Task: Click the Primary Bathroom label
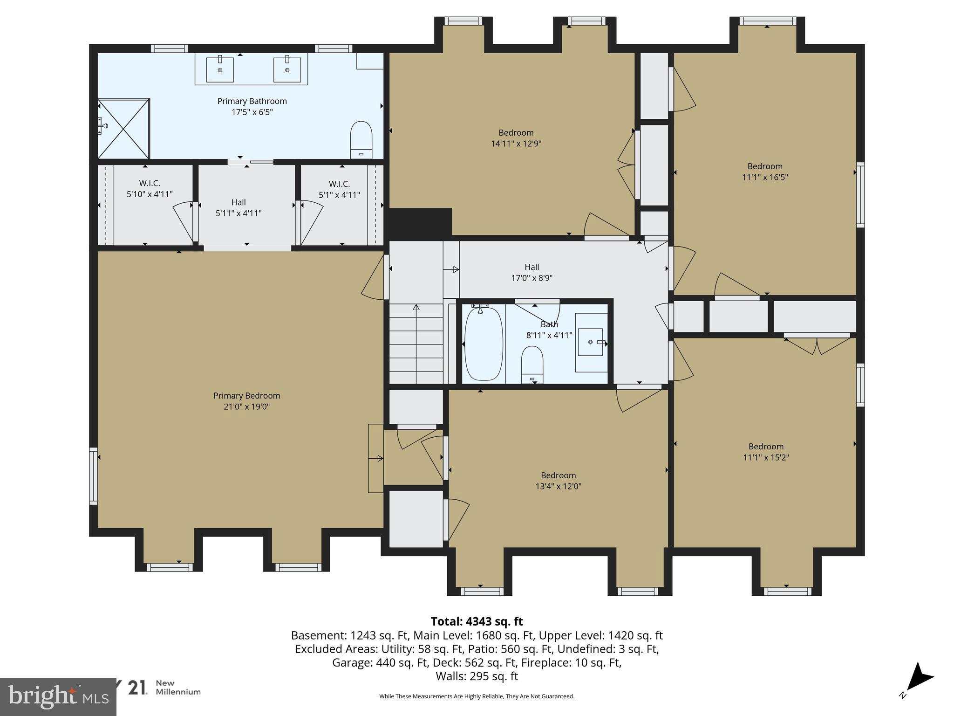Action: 252,101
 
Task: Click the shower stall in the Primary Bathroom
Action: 123,128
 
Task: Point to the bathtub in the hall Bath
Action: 484,344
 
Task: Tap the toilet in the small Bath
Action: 532,365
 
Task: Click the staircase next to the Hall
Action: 416,343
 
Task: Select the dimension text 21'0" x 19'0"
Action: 247,406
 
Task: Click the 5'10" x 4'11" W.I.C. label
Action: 150,189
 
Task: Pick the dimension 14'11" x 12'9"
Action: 516,144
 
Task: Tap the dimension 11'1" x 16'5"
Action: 765,177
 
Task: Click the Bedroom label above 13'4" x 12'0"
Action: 558,475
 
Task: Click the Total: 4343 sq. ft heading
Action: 477,621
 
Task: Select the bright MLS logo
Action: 58,696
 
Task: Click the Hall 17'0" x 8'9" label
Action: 532,272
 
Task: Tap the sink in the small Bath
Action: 592,342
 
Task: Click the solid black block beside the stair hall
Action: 420,224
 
